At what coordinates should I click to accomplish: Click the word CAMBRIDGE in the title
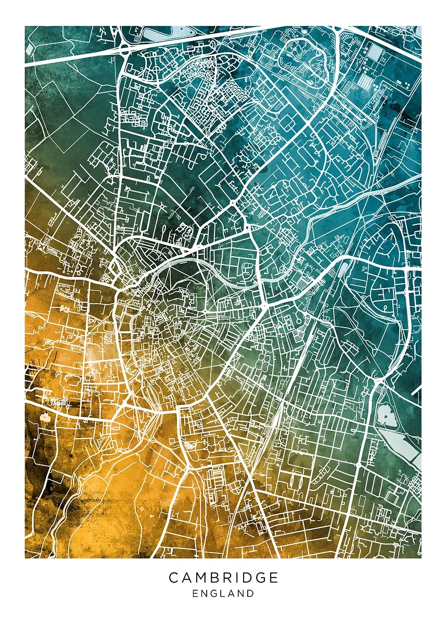pos(223,577)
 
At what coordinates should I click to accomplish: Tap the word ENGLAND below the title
pos(223,593)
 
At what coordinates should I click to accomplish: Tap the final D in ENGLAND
pos(251,593)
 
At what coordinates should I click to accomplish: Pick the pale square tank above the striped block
pos(376,53)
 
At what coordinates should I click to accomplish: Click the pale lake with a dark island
pos(386,416)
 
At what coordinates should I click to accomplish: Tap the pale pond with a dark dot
pos(45,417)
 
